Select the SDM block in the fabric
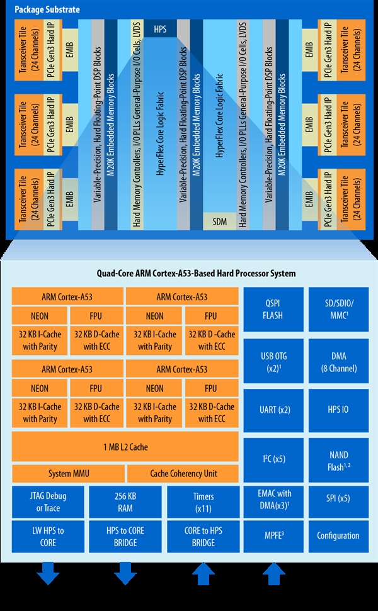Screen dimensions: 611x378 (x=219, y=221)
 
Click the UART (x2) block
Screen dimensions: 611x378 (x=274, y=410)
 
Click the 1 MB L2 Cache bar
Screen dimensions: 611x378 (x=125, y=447)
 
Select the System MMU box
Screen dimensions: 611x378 (x=68, y=473)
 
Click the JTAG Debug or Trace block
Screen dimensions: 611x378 (x=48, y=502)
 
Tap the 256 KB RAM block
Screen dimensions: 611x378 (x=125, y=502)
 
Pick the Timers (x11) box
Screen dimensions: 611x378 (x=202, y=502)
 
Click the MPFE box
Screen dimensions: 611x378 (x=274, y=535)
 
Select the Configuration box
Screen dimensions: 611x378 (x=338, y=535)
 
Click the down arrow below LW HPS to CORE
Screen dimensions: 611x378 (x=48, y=573)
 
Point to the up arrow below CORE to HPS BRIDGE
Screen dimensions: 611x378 (x=202, y=573)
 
